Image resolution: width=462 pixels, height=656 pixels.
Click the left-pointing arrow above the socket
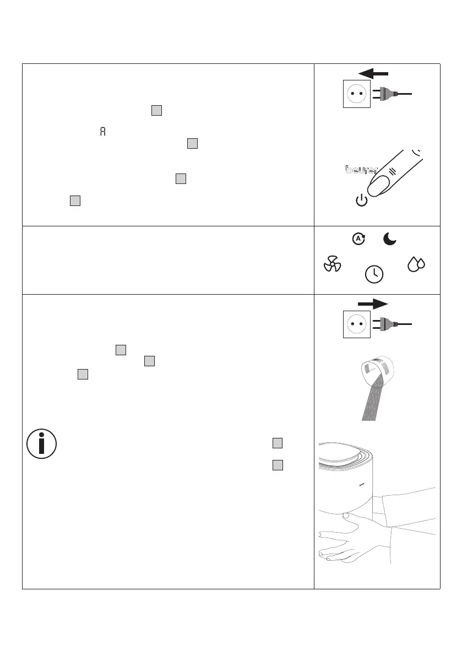(372, 73)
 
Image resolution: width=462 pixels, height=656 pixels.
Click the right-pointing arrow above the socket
(373, 303)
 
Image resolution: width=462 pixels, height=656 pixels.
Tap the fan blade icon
(333, 265)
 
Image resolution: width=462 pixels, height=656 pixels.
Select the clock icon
(374, 273)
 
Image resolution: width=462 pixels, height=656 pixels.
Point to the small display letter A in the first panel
(101, 132)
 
